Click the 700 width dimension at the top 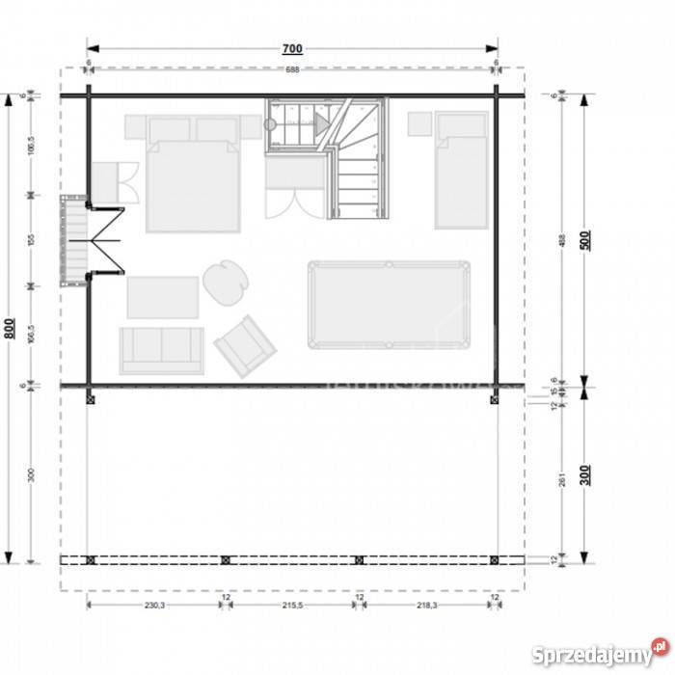point(293,48)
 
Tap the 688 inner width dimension point(293,70)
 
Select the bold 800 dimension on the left point(10,328)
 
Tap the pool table point(389,304)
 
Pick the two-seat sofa point(162,350)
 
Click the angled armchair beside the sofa point(245,345)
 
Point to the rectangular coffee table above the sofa point(163,297)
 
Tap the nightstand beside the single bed point(419,124)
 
